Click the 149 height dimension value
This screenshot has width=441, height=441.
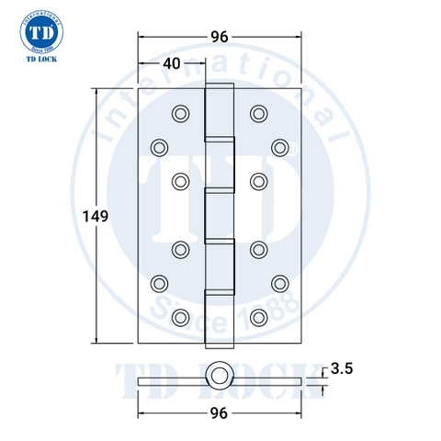(95, 217)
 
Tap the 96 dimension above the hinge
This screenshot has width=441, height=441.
(220, 38)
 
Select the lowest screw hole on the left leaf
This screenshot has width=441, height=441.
(180, 317)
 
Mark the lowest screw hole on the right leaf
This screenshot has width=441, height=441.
(259, 317)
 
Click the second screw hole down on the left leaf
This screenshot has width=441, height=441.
(160, 146)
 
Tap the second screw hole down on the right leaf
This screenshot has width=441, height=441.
(279, 146)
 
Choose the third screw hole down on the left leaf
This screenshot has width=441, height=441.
(180, 179)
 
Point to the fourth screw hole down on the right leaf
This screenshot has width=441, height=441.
(259, 249)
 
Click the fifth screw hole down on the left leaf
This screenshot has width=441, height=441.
(160, 283)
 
